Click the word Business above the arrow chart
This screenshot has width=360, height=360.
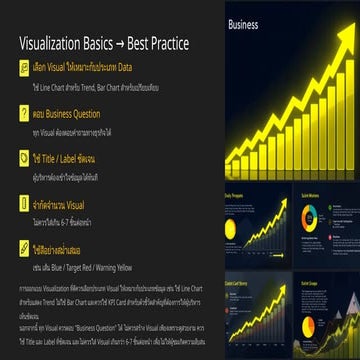(242, 25)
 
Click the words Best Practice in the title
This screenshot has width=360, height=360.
(164, 45)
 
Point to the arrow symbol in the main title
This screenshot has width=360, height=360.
(125, 45)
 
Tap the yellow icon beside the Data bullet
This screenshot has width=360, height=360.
(24, 70)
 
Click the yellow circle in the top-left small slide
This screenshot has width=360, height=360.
(233, 231)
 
